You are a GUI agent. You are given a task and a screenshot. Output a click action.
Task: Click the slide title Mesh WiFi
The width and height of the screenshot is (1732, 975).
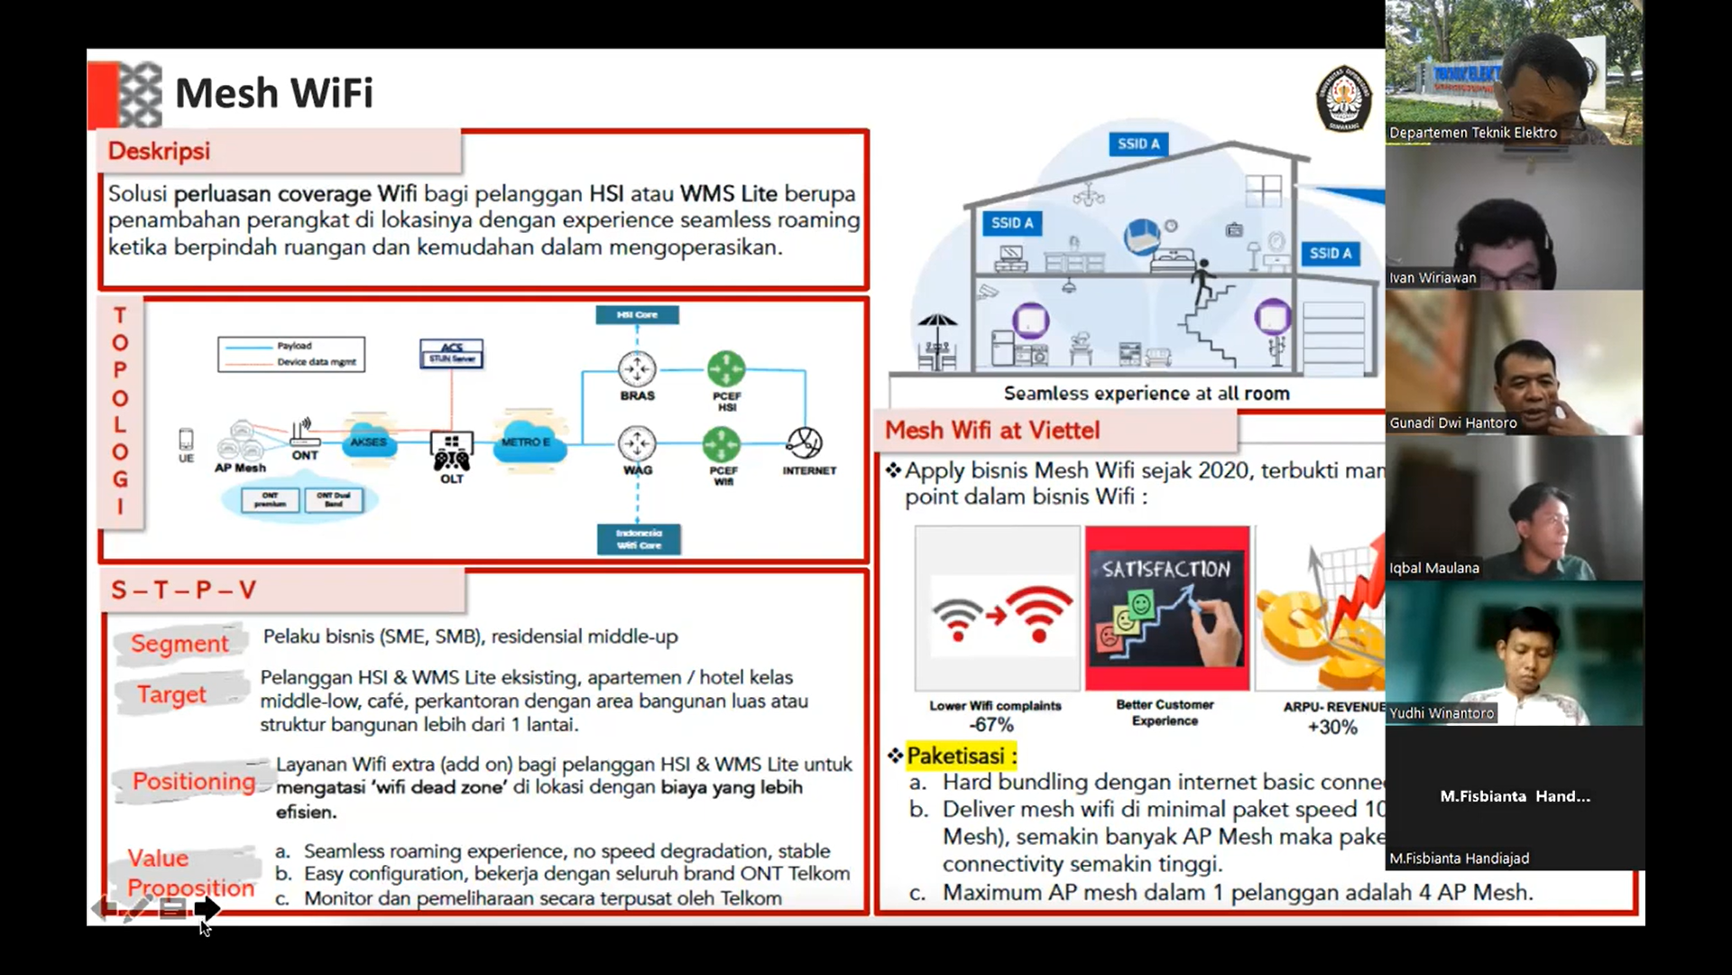[x=273, y=93]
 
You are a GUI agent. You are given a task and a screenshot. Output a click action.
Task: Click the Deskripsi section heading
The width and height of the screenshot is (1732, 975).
[x=159, y=151]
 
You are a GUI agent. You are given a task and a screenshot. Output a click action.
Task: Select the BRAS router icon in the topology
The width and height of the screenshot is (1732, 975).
[x=637, y=369]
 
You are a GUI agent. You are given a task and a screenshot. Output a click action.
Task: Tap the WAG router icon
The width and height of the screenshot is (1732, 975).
[x=637, y=443]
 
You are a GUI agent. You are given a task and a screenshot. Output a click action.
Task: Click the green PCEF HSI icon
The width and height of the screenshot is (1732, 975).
[x=726, y=369]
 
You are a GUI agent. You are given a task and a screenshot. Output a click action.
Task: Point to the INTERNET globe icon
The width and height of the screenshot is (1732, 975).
[x=804, y=442]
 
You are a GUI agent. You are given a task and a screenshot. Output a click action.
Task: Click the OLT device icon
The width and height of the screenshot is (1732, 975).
[x=451, y=450]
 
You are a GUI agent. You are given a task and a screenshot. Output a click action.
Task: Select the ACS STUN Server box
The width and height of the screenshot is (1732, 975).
[x=451, y=353]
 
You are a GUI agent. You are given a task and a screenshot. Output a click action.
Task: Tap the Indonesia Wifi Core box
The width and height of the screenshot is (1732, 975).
[x=639, y=539]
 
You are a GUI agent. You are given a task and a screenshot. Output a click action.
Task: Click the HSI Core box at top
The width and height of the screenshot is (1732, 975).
[x=637, y=315]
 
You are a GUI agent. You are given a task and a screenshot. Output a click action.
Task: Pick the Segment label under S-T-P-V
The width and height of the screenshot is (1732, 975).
[x=180, y=644]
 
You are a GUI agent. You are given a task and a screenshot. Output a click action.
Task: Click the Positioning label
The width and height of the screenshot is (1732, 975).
[x=194, y=781]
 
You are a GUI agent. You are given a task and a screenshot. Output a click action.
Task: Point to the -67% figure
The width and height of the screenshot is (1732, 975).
[x=991, y=725]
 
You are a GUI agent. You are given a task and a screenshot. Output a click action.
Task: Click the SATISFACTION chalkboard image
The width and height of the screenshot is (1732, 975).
[x=1167, y=608]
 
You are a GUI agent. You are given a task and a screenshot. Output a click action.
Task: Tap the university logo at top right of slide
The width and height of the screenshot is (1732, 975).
[x=1343, y=97]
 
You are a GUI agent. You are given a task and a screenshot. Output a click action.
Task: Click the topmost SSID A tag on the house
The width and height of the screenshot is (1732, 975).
[x=1138, y=144]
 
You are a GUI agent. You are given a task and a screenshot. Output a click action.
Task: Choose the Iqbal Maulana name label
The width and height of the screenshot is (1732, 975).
[x=1434, y=568]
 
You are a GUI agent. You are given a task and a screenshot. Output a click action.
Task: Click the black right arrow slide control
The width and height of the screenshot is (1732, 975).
[x=207, y=908]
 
